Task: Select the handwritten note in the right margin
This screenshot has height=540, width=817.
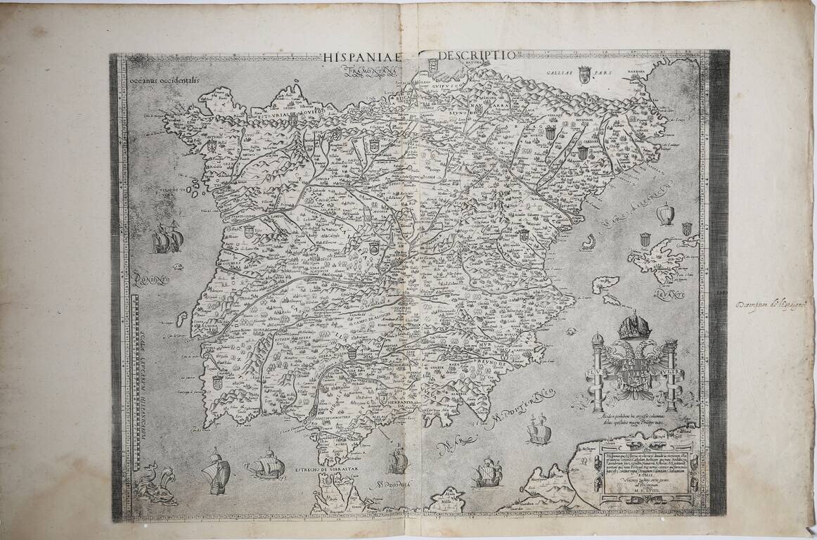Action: (773, 304)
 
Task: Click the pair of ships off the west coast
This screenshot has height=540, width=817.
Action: (167, 239)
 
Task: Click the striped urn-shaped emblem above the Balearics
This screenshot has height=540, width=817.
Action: (664, 213)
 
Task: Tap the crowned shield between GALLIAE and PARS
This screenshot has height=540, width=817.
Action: (584, 74)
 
